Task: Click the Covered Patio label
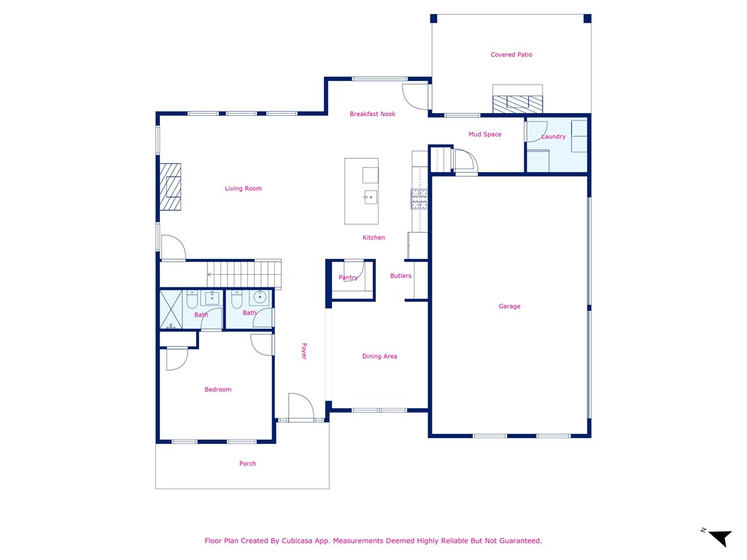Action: point(511,55)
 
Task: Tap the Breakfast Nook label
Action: point(372,114)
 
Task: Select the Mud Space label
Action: point(484,134)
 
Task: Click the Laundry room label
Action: point(554,136)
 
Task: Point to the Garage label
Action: point(509,306)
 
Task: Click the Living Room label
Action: point(243,189)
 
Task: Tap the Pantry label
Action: point(348,278)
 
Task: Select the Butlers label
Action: point(400,276)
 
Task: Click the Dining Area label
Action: point(379,357)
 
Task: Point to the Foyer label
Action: point(304,351)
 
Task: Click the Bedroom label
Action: point(217,389)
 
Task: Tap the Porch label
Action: point(247,464)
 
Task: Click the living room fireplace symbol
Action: point(171,187)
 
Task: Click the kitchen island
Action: point(361,191)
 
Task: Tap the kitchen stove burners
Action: point(419,199)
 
